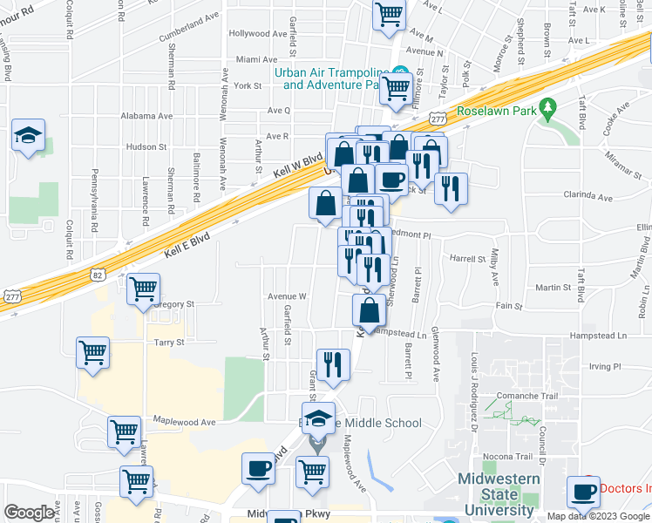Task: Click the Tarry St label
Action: [169, 343]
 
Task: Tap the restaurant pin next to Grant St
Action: [331, 364]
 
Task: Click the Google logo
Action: [30, 513]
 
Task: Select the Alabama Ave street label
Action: [147, 116]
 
